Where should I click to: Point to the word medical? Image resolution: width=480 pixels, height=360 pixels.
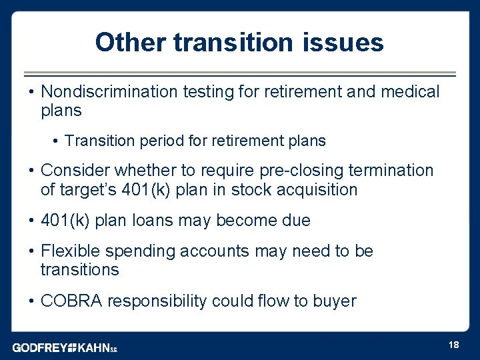click(410, 91)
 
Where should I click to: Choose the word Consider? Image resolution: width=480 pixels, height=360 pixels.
click(73, 171)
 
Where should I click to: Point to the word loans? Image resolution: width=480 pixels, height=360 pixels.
click(152, 221)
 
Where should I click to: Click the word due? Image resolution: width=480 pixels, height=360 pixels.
click(297, 221)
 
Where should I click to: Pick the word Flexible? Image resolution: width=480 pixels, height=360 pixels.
click(69, 251)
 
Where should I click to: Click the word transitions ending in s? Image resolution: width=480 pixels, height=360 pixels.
click(79, 270)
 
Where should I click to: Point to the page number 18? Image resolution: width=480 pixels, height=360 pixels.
click(453, 345)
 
